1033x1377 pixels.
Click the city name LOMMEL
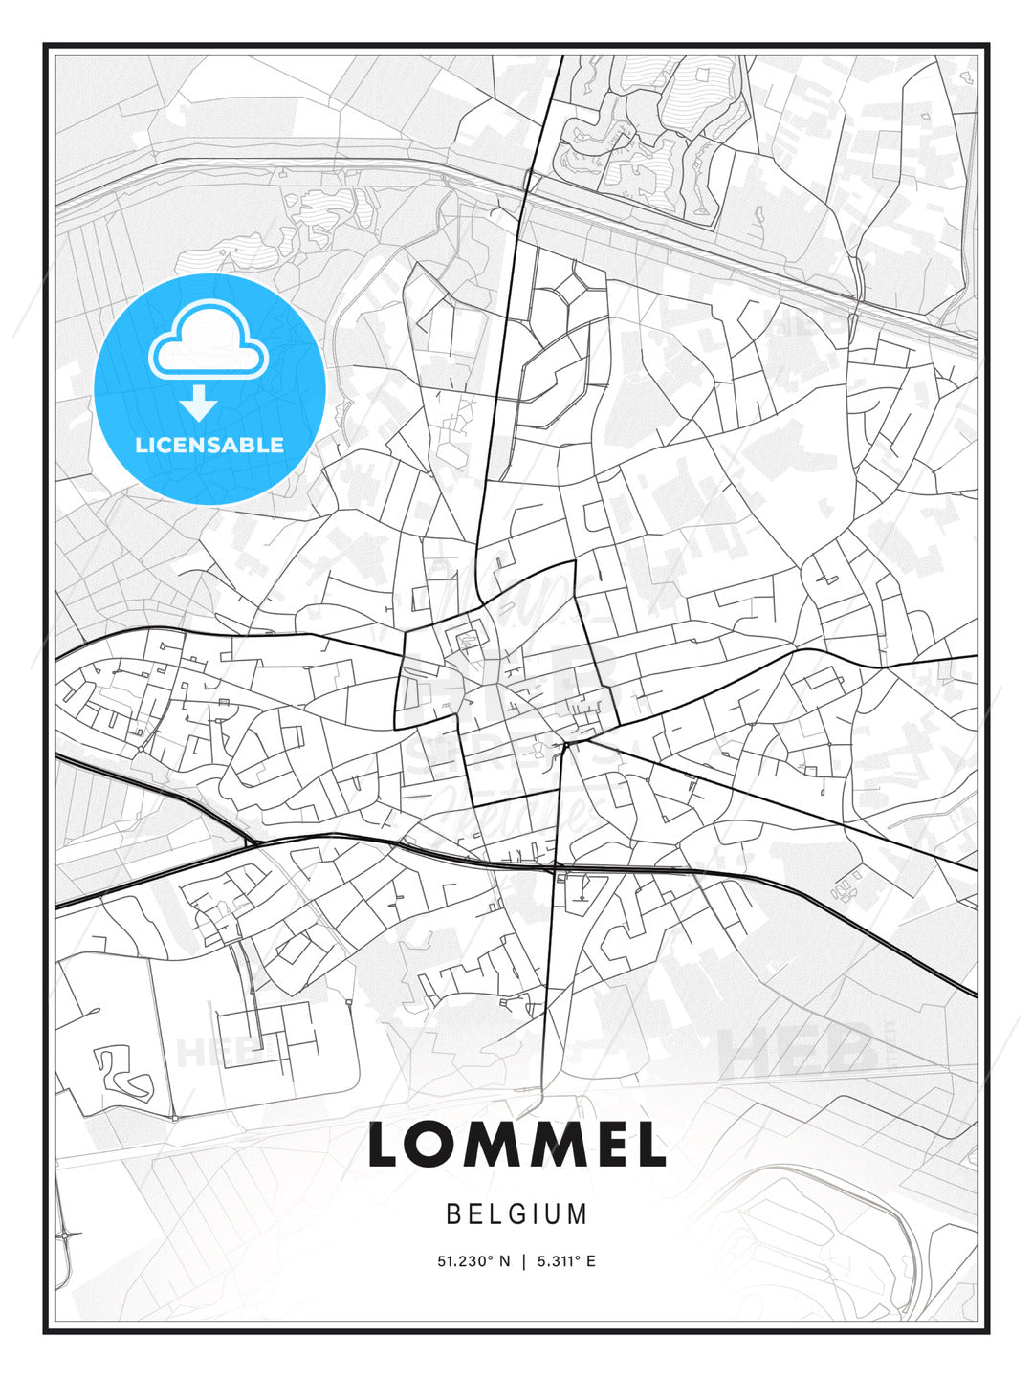pos(516,1145)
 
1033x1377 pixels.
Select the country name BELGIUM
pos(516,1214)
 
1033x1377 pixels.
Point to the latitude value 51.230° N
pos(473,1261)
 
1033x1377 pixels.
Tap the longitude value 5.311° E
pos(564,1261)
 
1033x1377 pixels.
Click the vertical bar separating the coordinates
pos(523,1261)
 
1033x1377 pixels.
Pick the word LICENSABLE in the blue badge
pos(209,445)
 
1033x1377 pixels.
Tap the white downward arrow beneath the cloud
pos(199,404)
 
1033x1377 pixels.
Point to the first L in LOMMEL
pos(385,1145)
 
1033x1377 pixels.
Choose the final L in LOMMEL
pos(649,1145)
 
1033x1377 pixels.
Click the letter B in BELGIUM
pos(454,1214)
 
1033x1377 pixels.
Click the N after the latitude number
pos(505,1261)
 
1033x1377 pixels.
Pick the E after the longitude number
pos(591,1261)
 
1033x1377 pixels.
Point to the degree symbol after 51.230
pos(490,1257)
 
